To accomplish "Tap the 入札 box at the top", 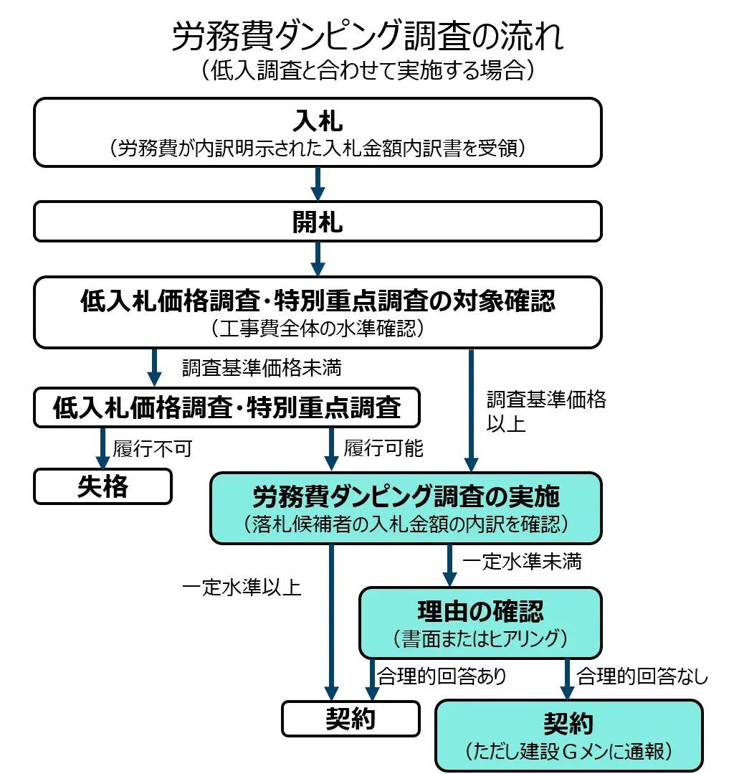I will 318,131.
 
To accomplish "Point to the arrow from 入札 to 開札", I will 318,184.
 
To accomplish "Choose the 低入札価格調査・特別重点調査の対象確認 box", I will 318,311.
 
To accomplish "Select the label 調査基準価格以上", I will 546,411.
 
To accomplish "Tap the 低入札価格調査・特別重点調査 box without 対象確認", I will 227,407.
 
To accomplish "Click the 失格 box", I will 102,486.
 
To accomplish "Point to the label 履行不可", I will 153,449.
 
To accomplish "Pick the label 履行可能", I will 383,449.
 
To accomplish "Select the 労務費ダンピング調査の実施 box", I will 406,507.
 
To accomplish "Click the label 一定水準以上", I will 242,587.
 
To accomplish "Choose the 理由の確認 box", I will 480,622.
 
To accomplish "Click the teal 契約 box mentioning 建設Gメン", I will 568,735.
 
